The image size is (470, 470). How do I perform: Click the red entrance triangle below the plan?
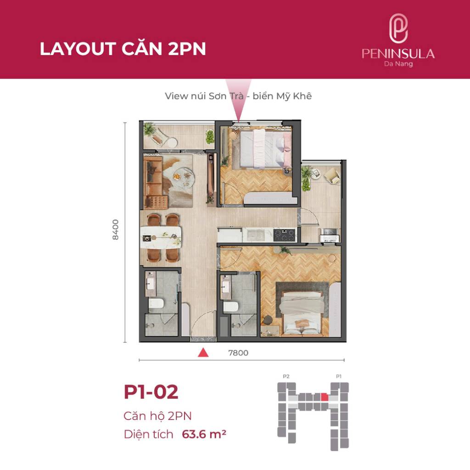203,353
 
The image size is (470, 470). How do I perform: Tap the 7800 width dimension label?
238,353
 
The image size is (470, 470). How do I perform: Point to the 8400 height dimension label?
115,229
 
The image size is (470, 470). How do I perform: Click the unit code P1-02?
151,392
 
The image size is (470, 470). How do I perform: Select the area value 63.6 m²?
204,434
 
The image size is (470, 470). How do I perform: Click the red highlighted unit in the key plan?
325,397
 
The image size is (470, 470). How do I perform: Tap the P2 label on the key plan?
286,376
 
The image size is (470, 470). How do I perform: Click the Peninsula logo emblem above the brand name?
398,29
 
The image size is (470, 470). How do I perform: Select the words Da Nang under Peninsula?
398,64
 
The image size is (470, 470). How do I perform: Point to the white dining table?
161,237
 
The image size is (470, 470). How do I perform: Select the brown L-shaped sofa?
154,182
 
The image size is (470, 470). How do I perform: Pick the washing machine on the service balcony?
329,235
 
